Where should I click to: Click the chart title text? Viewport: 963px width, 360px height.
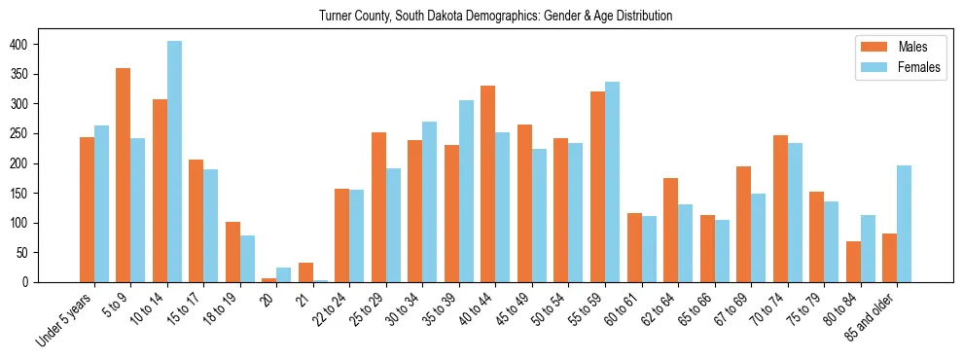[x=495, y=17]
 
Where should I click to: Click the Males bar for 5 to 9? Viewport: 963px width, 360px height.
[x=123, y=175]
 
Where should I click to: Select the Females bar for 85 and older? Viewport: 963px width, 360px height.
[x=904, y=224]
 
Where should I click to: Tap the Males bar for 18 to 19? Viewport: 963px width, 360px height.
[x=232, y=252]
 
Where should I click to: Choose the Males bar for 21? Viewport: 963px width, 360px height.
[x=305, y=272]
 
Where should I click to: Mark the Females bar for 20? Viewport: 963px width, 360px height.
[x=283, y=274]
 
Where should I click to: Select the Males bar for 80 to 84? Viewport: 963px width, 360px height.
[x=853, y=262]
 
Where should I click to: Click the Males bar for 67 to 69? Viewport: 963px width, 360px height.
[x=743, y=225]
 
